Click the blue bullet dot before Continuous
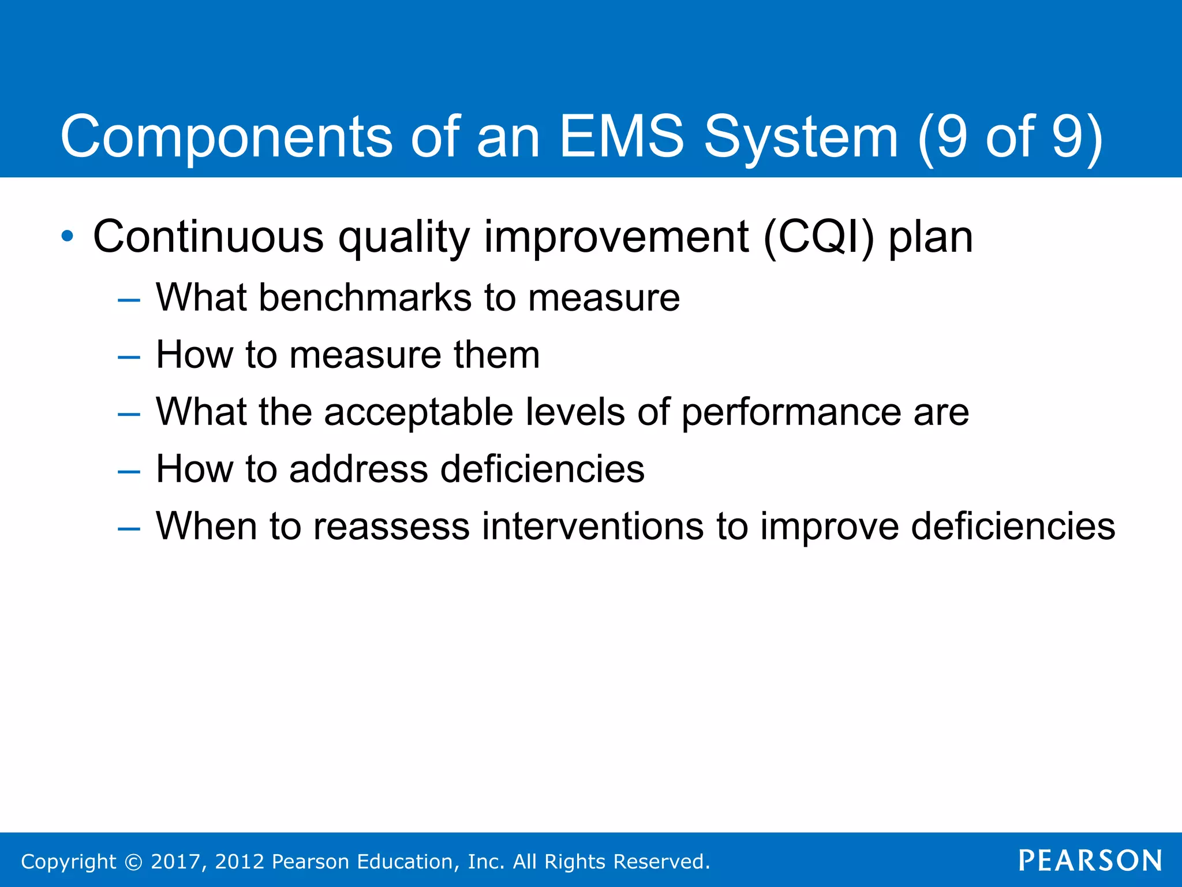[68, 236]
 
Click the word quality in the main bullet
[404, 238]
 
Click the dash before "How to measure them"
[128, 357]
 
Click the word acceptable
[418, 412]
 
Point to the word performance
[791, 412]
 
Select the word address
[358, 469]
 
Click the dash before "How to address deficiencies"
[128, 471]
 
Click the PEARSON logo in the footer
[1090, 860]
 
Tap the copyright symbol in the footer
[133, 862]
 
